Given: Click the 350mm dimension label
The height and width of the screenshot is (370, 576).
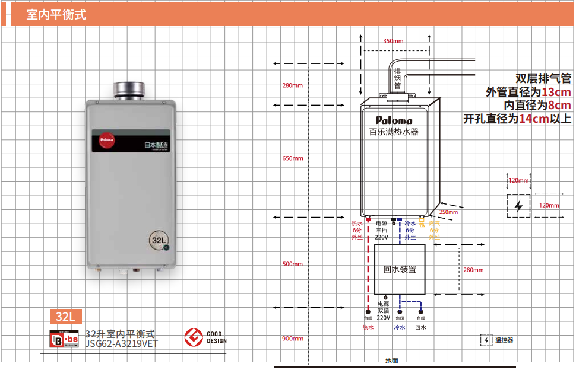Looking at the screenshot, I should click(x=393, y=41).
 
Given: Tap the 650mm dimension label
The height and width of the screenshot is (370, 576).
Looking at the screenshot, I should click(x=293, y=158).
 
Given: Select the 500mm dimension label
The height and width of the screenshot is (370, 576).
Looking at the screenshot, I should click(x=293, y=264).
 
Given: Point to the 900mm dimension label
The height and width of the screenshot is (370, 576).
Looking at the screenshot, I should click(x=293, y=339).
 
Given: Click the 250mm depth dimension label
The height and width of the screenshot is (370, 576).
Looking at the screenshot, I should click(x=448, y=212).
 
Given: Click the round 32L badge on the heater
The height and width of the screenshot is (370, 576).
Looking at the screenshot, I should click(x=159, y=241).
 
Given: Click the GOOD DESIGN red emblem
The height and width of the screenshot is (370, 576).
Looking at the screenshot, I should click(x=192, y=337).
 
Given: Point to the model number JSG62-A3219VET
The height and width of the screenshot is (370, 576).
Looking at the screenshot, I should click(x=122, y=343).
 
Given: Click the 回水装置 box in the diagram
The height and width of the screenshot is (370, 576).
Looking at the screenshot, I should click(x=399, y=269).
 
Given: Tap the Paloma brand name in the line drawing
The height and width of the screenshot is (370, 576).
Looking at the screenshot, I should click(x=394, y=120).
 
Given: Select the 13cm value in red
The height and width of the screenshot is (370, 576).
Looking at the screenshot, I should click(x=556, y=92).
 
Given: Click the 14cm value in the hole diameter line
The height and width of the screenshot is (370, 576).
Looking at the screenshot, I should click(x=533, y=119).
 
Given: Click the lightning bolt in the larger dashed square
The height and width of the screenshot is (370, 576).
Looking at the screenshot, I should click(x=519, y=206).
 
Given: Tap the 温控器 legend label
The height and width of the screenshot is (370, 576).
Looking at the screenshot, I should click(x=504, y=340).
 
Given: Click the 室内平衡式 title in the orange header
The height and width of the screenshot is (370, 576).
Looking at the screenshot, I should click(x=56, y=15).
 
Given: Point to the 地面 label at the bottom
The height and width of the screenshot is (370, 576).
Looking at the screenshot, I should click(x=391, y=361).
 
